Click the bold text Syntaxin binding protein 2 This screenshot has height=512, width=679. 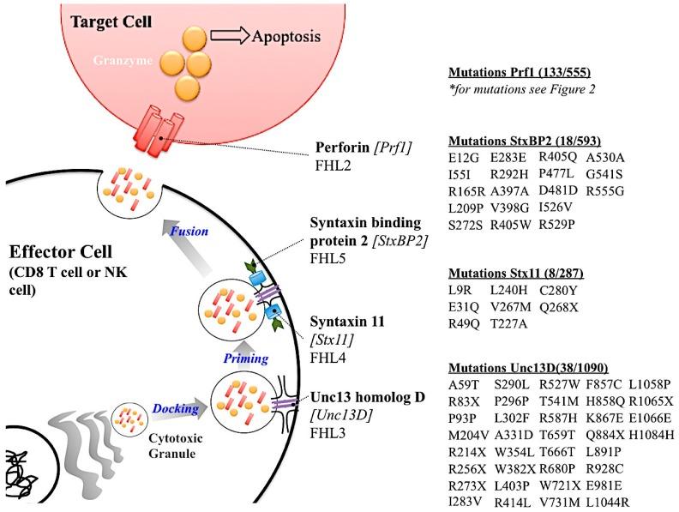click(371, 224)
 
